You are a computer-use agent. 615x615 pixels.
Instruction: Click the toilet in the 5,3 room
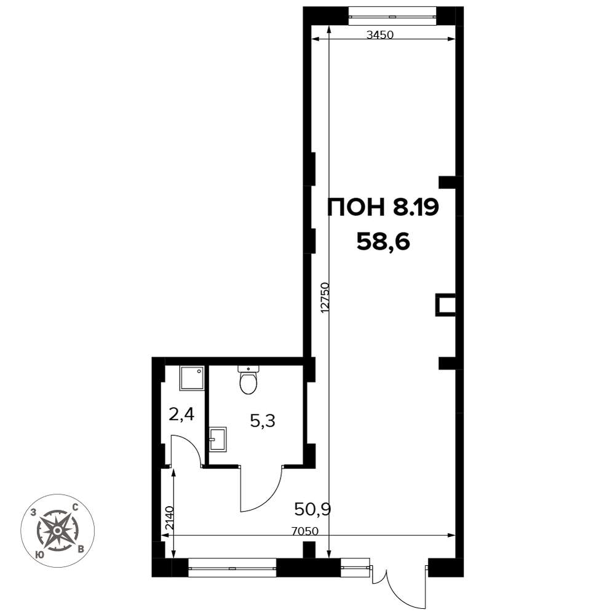248,379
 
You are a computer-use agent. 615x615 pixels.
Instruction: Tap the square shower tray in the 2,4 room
192,378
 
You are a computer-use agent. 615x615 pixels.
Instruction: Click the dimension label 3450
379,35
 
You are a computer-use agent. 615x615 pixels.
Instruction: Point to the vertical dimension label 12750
325,297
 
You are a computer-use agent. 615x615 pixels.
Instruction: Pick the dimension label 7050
305,531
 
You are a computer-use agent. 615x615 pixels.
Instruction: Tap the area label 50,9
313,509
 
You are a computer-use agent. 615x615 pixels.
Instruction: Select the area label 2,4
181,414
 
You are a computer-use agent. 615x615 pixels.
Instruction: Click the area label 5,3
263,421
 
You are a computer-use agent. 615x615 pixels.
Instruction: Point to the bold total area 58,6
383,242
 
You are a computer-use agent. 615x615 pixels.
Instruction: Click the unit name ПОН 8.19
383,207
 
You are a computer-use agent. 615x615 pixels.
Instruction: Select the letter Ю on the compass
39,554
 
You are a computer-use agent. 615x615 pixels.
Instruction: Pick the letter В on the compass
81,549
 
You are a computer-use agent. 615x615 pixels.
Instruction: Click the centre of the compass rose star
57,531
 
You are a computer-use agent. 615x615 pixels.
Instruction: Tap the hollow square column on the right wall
446,305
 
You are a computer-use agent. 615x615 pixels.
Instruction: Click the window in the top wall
393,17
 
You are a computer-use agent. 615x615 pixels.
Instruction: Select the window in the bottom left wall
232,568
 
